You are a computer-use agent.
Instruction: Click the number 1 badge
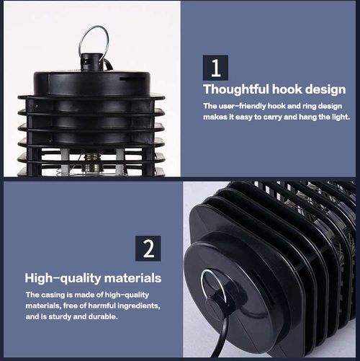tap(216, 67)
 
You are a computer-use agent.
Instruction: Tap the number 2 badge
tap(148, 248)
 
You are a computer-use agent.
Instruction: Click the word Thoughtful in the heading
tap(235, 89)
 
